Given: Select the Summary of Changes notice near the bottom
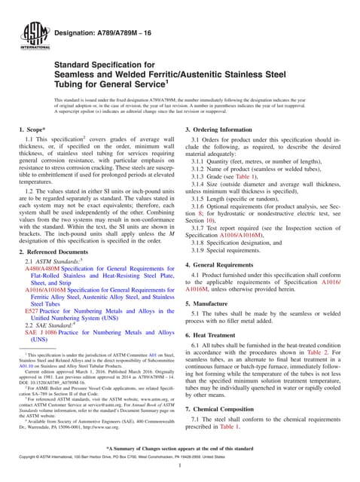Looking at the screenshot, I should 180,450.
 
